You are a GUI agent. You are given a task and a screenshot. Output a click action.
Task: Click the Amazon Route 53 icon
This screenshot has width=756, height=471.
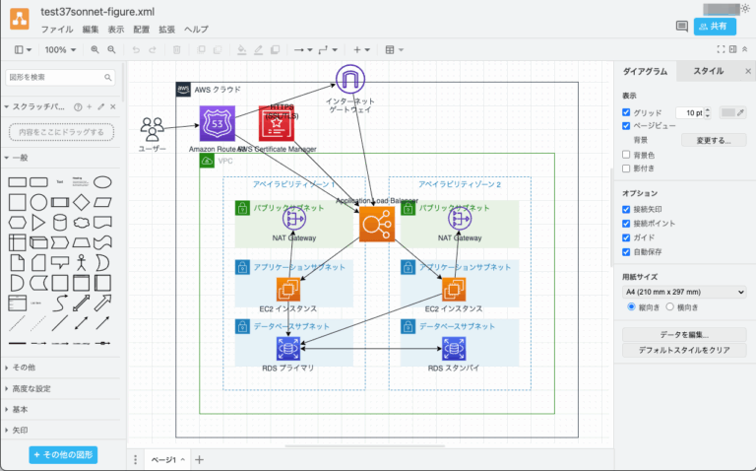[217, 124]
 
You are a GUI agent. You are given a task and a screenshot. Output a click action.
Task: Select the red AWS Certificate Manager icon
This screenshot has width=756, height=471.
[277, 124]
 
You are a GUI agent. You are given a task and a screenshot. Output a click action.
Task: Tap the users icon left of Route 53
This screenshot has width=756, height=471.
[152, 129]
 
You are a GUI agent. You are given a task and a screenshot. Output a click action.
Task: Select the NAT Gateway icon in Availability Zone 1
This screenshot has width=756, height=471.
[294, 219]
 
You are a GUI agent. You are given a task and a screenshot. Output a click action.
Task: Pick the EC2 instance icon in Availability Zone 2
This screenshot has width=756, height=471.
[454, 289]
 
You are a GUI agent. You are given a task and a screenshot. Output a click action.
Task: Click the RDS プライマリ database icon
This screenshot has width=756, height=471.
[288, 348]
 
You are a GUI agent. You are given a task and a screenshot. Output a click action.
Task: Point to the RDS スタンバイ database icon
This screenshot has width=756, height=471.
[454, 348]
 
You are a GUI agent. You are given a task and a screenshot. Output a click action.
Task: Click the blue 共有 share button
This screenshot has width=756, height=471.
[715, 27]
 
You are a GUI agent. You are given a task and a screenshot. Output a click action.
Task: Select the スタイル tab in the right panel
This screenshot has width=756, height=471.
[708, 72]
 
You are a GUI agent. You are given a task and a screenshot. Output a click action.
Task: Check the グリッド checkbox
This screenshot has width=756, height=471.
[627, 112]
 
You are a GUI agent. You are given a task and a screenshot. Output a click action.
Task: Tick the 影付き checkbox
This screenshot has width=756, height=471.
[627, 168]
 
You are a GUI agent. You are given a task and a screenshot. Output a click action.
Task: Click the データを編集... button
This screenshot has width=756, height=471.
[684, 335]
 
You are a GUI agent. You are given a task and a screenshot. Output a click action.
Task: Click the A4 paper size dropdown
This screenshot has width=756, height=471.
[684, 292]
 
